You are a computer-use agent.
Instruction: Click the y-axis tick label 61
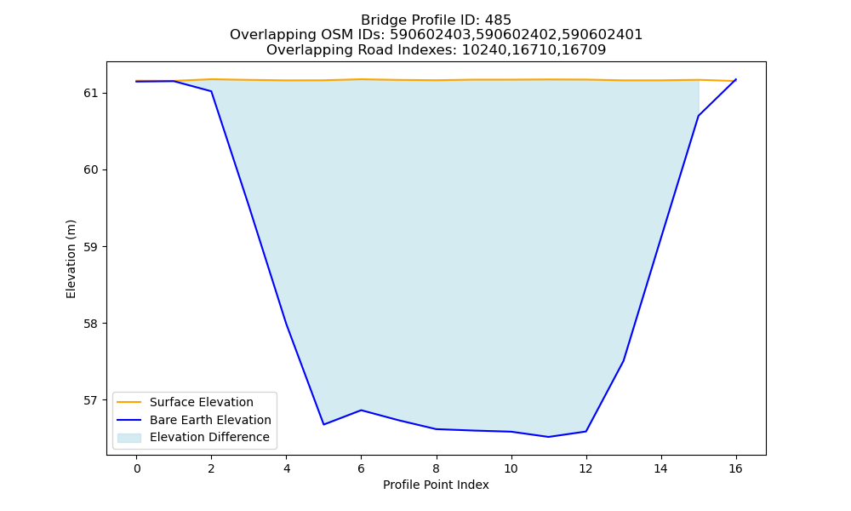pos(91,94)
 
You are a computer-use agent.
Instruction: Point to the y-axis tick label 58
pos(91,324)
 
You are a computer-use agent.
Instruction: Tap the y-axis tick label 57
pos(91,401)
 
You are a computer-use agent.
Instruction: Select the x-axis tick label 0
pos(137,468)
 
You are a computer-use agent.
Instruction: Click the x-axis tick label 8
pos(437,468)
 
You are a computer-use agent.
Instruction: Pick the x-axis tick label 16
pos(735,468)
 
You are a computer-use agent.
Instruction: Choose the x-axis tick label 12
pos(585,468)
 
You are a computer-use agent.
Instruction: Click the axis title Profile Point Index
pos(436,485)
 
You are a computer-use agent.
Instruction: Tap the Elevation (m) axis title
pos(71,259)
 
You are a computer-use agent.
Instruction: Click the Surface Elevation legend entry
pos(202,402)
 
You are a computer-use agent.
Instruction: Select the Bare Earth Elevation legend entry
pos(210,420)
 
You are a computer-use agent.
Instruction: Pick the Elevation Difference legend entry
pos(209,437)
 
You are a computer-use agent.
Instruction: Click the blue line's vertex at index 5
pos(324,425)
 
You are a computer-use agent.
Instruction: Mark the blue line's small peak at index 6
pos(362,410)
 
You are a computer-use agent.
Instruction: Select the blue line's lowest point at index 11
pos(548,437)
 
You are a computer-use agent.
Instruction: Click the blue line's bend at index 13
pos(623,361)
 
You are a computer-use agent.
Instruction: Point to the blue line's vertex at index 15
pos(698,116)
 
